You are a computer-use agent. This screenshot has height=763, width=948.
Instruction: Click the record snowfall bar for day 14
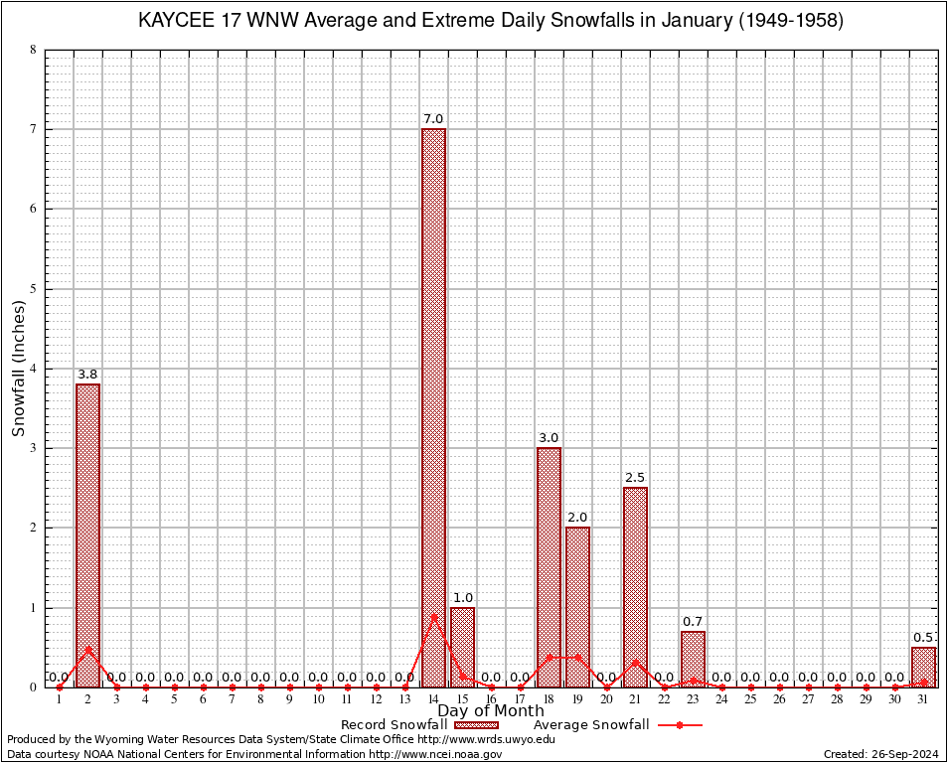pos(433,407)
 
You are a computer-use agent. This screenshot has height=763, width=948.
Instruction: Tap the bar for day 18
pos(549,566)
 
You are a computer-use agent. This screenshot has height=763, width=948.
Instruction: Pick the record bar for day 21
pos(635,586)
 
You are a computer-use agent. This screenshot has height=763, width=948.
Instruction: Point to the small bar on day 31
pos(923,667)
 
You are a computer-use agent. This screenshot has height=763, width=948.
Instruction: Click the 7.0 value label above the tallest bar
pos(433,119)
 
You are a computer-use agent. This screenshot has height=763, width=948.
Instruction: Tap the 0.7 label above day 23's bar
pos(693,622)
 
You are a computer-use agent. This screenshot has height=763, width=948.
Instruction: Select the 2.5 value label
pos(635,478)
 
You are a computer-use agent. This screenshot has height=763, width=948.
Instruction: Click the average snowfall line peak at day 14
pos(433,615)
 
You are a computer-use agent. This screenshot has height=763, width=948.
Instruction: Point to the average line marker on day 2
pos(88,649)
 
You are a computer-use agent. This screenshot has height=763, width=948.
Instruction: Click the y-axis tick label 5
pos(33,289)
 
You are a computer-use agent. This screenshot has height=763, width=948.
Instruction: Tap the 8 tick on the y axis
pos(33,50)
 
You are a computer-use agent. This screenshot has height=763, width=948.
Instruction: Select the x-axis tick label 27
pos(808,699)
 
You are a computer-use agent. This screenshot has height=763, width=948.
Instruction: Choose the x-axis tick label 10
pos(318,699)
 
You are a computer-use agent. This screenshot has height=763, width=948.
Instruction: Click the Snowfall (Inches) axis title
pos(19,369)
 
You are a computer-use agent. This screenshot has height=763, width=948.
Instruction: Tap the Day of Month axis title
pos(491,711)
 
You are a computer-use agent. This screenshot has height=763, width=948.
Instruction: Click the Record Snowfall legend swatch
pos(477,725)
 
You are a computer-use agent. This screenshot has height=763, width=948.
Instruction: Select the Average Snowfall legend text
pos(591,725)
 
